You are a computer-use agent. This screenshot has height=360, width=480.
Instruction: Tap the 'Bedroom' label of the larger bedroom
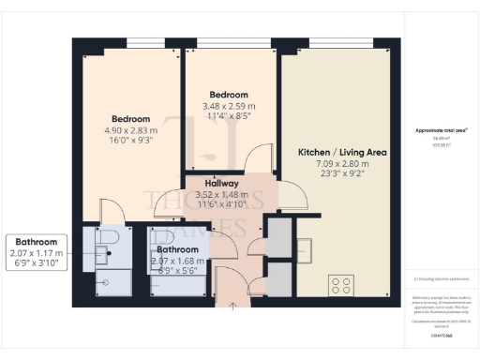(130, 119)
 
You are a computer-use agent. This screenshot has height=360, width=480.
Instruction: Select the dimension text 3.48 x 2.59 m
(229, 107)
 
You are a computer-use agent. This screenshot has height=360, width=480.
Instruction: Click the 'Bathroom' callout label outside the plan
(36, 241)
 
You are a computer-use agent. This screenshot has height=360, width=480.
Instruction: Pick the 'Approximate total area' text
(441, 129)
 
